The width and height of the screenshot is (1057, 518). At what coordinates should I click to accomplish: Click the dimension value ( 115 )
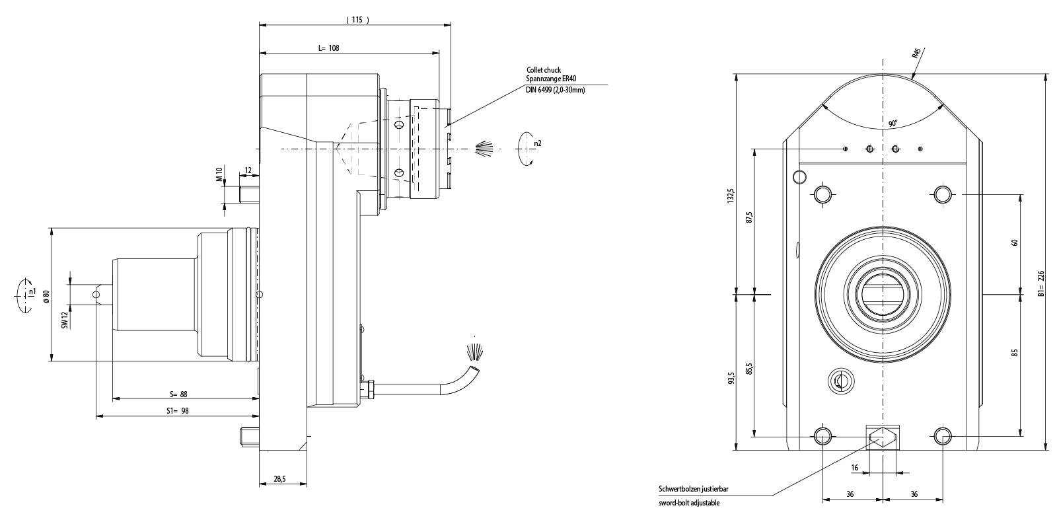tap(357, 20)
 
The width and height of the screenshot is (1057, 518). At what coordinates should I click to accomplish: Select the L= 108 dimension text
tap(328, 48)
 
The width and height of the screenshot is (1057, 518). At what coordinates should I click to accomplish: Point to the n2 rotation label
tap(538, 143)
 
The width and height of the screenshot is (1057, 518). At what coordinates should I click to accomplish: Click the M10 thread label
tap(219, 175)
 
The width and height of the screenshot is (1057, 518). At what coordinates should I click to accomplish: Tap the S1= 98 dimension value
tap(176, 411)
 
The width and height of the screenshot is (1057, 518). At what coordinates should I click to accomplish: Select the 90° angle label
tap(893, 124)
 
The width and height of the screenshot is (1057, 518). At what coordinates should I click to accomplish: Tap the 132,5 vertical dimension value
tap(730, 196)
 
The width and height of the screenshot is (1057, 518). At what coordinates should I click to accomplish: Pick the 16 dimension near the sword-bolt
tap(855, 468)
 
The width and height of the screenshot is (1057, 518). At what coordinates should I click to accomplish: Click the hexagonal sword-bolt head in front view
tap(883, 437)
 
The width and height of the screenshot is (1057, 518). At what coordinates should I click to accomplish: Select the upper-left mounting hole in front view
tap(822, 194)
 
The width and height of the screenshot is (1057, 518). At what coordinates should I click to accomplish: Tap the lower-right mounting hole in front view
tap(942, 436)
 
